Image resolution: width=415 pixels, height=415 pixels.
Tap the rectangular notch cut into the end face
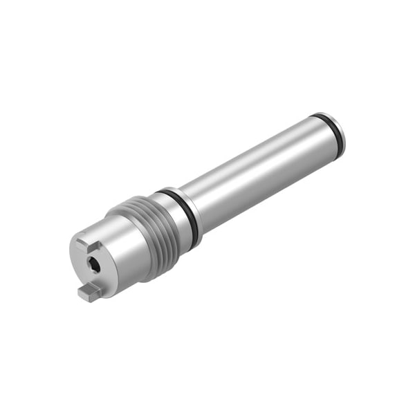[x=84, y=244]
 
